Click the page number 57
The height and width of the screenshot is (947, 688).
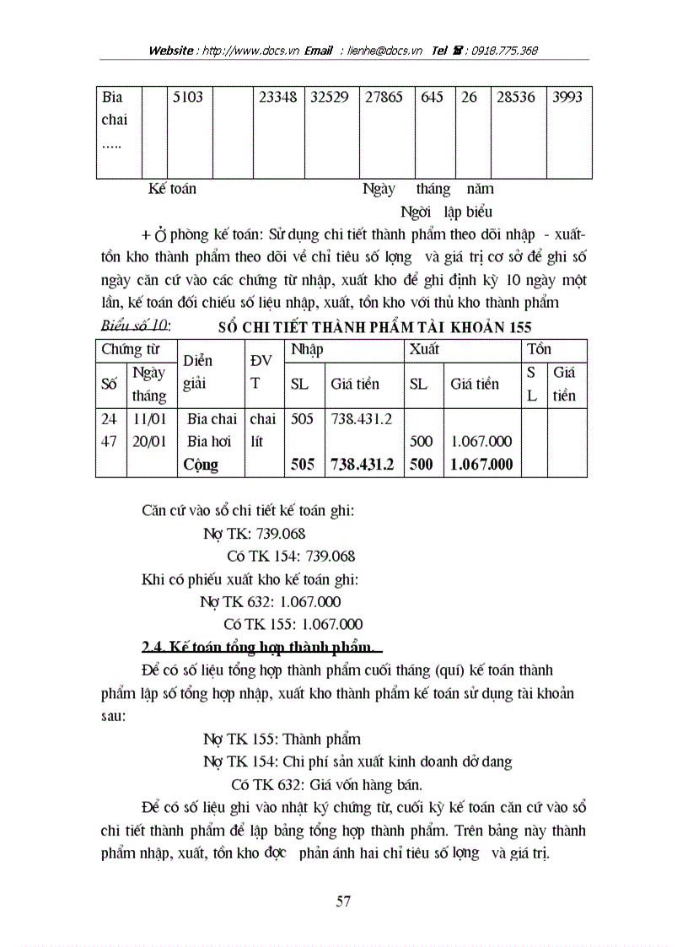coord(343,902)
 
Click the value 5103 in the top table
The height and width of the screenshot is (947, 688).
coord(187,97)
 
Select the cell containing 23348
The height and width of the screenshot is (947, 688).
coord(277,97)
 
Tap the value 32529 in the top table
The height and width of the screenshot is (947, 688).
coord(330,97)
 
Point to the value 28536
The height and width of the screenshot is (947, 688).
coord(515,97)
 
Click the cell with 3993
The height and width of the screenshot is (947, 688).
coord(567,97)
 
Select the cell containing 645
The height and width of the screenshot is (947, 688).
coord(432,97)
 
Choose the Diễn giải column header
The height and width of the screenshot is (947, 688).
coord(199,372)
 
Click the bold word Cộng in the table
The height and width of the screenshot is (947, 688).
coord(201,465)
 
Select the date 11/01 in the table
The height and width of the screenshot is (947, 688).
coord(148,419)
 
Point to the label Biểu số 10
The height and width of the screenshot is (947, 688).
coord(135,326)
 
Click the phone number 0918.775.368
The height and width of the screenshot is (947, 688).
coord(503,51)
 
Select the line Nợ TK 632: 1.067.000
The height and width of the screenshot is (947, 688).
coord(270,602)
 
